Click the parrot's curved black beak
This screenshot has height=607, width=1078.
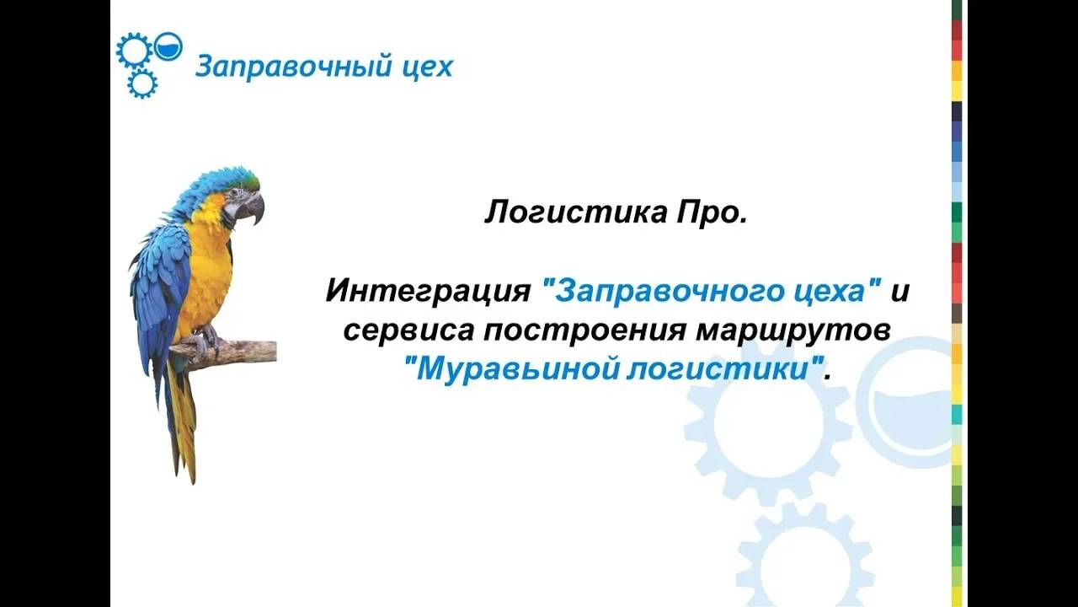click(x=253, y=208)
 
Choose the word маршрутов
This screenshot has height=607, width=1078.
click(x=792, y=330)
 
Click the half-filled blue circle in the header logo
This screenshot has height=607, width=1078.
click(x=168, y=46)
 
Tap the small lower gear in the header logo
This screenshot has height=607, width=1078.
click(x=142, y=83)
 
